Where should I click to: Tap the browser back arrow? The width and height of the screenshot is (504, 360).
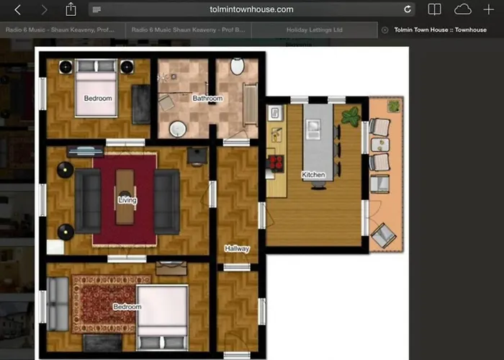tap(18, 9)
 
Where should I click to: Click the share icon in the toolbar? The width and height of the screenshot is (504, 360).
tap(71, 9)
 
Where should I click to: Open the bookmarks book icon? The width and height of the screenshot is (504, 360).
tap(434, 9)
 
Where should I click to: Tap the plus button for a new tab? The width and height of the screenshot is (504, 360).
tap(489, 9)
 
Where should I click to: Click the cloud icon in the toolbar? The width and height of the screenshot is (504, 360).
tap(462, 9)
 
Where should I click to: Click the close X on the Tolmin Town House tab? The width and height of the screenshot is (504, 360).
tap(384, 30)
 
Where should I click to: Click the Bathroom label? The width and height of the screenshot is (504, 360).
tap(207, 98)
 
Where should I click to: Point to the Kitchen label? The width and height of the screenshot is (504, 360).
tap(313, 175)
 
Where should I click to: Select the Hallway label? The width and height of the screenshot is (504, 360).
tap(237, 248)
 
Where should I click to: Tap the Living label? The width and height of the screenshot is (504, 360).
tap(127, 200)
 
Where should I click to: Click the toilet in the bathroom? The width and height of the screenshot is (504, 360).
tap(237, 66)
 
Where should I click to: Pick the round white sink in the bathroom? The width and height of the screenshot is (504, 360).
tap(178, 130)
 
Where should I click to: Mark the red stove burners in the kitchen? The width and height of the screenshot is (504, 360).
tap(274, 162)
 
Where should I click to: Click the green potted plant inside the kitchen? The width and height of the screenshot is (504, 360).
tap(351, 116)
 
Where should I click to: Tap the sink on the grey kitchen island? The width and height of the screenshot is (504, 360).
tap(314, 128)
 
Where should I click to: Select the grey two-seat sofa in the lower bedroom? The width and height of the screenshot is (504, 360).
tap(58, 300)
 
